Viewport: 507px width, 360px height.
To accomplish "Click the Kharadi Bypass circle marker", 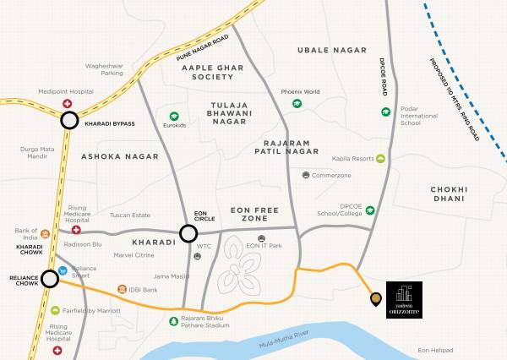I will coord(69,122).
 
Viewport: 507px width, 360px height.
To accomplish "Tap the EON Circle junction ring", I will coord(188,233).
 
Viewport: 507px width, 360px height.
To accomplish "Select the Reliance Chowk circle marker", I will coord(50,278).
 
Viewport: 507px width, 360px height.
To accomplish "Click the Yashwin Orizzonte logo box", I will coord(403,297).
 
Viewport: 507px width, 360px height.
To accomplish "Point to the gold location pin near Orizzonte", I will coord(375,298).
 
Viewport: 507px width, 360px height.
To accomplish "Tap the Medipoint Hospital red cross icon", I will coord(67,104).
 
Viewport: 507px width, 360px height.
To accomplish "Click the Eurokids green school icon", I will coord(174,116).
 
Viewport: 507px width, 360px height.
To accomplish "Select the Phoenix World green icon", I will coord(297,104).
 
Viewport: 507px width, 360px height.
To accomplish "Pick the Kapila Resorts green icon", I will coord(380,158).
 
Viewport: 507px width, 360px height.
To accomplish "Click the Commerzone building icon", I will coord(305,175).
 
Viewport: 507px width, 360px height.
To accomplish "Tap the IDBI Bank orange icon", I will coord(122,289).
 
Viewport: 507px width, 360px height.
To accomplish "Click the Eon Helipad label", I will coord(435,350).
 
